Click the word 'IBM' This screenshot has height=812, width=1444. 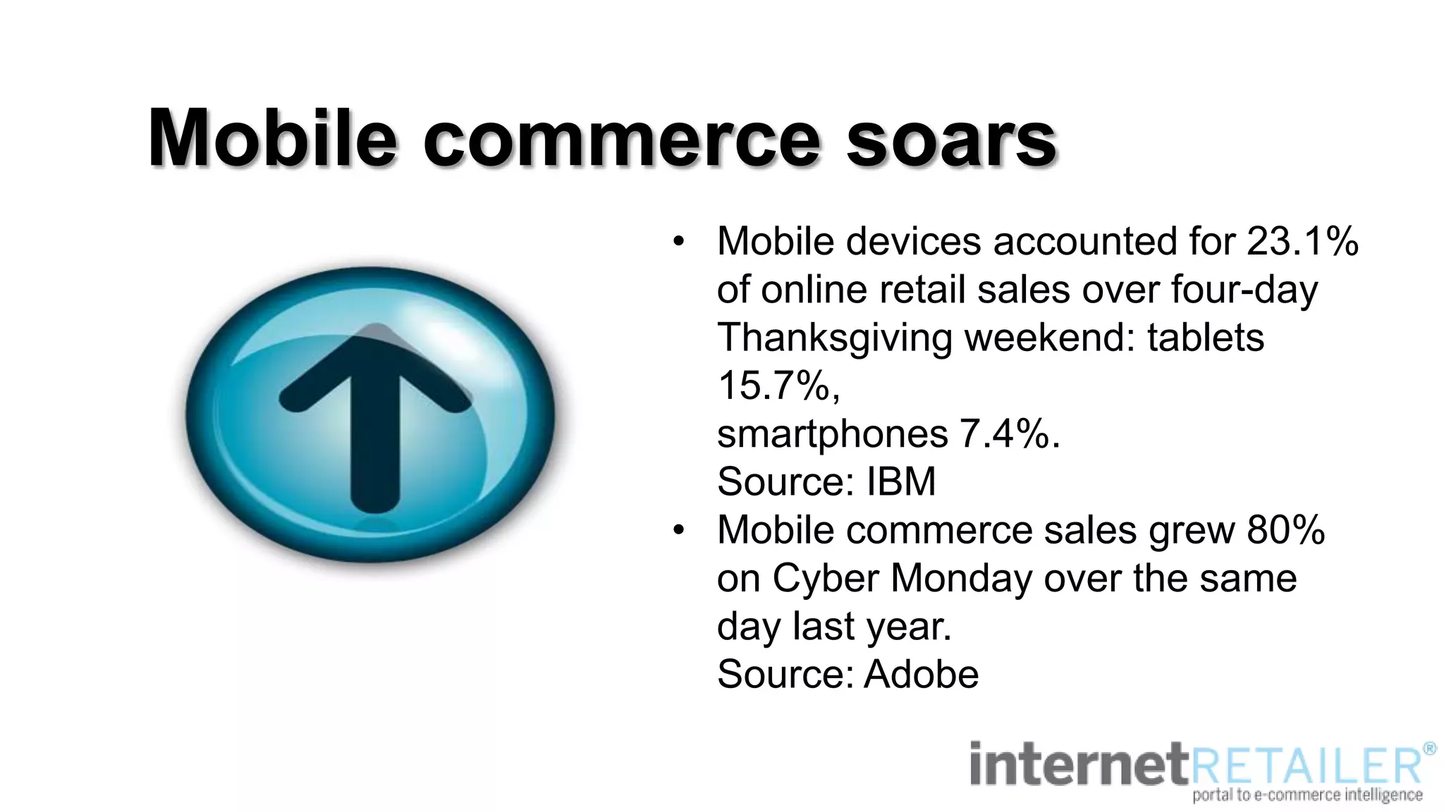(x=900, y=482)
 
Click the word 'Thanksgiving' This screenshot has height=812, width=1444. (x=835, y=338)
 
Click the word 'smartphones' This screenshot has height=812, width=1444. (x=832, y=434)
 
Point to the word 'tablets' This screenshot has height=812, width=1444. (x=1205, y=338)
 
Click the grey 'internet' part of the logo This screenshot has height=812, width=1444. (x=1079, y=765)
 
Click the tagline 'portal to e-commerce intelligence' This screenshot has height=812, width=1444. (x=1307, y=796)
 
